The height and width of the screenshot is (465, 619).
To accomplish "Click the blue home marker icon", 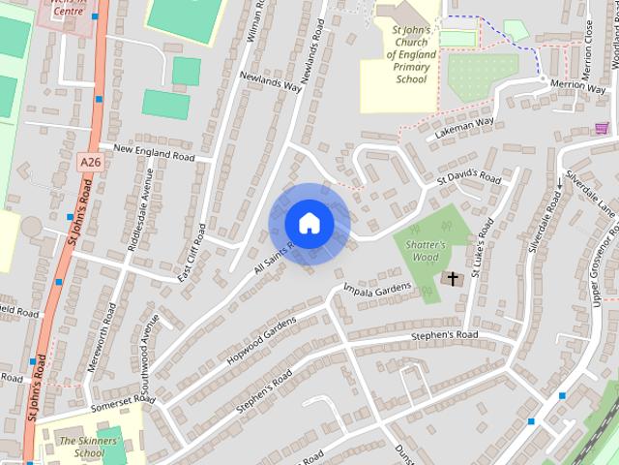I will (x=309, y=224).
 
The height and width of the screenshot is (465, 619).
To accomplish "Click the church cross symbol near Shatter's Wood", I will (x=452, y=279).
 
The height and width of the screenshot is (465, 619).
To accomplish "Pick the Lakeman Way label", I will (x=464, y=127).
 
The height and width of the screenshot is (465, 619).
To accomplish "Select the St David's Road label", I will (x=468, y=176).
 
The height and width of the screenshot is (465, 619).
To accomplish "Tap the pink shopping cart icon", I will (x=602, y=127).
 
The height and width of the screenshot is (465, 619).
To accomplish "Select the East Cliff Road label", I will (x=192, y=254).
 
